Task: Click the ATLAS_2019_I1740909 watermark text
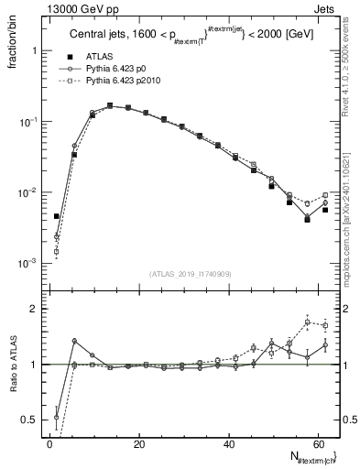(x=190, y=273)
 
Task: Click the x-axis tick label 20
(x=138, y=444)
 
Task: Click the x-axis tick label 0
(x=49, y=444)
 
